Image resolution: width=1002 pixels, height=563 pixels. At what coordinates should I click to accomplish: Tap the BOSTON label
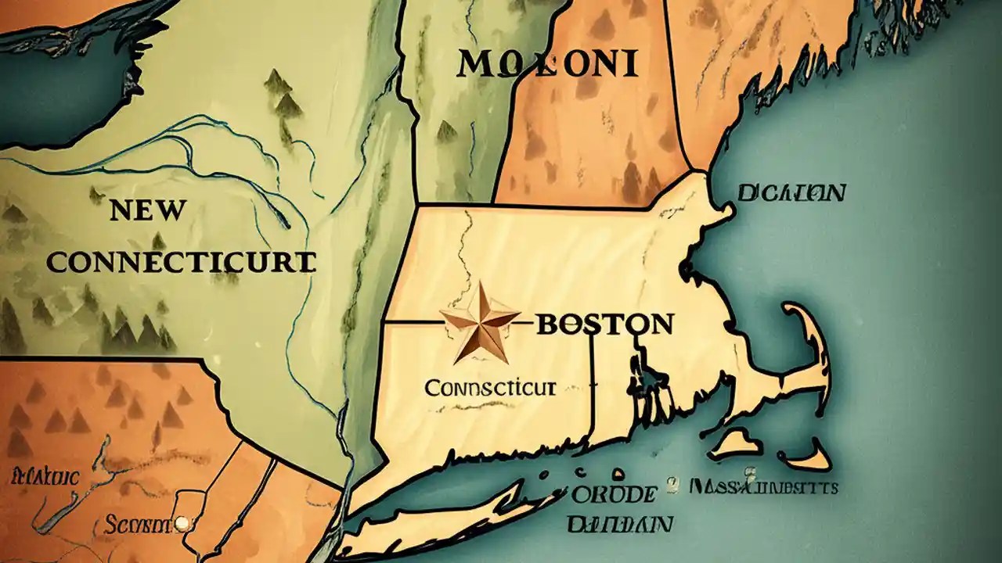pos(603,323)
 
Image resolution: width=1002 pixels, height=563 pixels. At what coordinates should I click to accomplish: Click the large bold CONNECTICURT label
pos(181,262)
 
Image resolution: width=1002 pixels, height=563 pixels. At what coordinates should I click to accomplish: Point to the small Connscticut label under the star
pos(490,387)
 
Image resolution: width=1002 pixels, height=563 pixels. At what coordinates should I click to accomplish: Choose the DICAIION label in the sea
pos(791,192)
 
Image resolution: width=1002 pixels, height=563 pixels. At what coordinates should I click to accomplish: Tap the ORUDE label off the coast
pos(613,494)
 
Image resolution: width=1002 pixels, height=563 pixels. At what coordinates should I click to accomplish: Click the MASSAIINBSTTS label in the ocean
pos(764,487)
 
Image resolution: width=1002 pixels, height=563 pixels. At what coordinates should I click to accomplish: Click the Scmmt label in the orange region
pos(148,522)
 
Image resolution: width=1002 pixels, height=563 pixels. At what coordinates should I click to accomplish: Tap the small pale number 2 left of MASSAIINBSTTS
pos(672,486)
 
